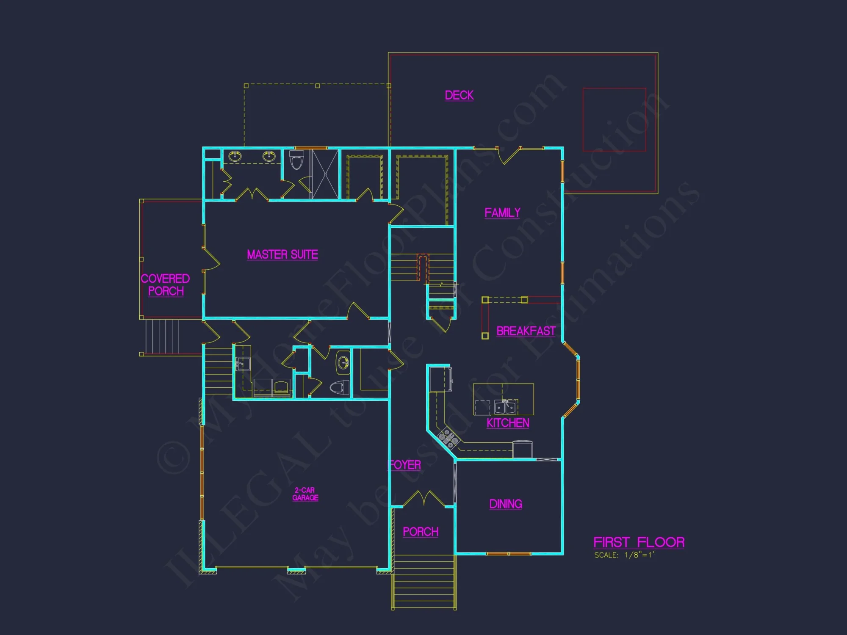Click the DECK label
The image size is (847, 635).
[x=459, y=95]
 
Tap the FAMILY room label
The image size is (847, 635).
[x=502, y=213]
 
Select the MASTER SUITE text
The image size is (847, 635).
[x=282, y=254]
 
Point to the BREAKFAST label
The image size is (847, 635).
[x=526, y=331]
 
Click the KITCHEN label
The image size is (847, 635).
[x=508, y=423]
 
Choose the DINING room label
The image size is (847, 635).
[x=506, y=504]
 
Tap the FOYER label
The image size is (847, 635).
[x=405, y=465]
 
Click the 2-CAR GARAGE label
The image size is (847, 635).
[x=305, y=494]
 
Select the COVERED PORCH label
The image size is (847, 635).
[x=165, y=285]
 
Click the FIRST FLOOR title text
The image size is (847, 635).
[x=639, y=542]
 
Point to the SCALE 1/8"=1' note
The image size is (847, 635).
[x=624, y=555]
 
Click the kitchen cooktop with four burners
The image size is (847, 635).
[x=448, y=438]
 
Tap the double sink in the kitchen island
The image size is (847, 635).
[x=505, y=407]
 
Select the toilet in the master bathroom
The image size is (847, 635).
[x=297, y=160]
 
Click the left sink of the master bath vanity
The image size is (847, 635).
[x=235, y=157]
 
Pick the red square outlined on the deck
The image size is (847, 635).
[x=614, y=119]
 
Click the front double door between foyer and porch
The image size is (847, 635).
[x=423, y=500]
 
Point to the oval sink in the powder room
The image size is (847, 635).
[x=343, y=363]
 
